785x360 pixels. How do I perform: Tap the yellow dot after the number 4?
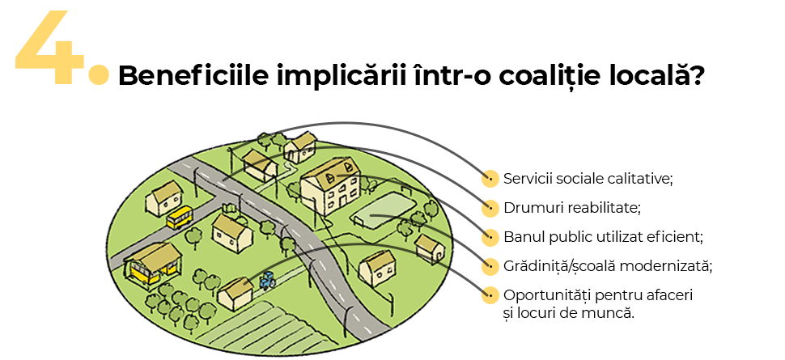pos(98,75)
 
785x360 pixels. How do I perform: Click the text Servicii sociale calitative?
pos(588,178)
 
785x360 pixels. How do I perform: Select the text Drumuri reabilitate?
pos(571,207)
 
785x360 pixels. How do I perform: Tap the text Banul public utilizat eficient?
pos(603,236)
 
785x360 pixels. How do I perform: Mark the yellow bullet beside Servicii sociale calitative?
pos(490,178)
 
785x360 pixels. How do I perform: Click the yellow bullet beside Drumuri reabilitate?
pos(490,207)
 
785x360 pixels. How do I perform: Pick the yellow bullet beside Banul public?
pos(490,237)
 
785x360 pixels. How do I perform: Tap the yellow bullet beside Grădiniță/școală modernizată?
pos(490,265)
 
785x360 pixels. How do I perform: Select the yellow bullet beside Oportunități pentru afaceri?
pos(490,294)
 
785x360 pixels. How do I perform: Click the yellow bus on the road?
pos(180,217)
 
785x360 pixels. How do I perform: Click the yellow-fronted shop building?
pos(151,263)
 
